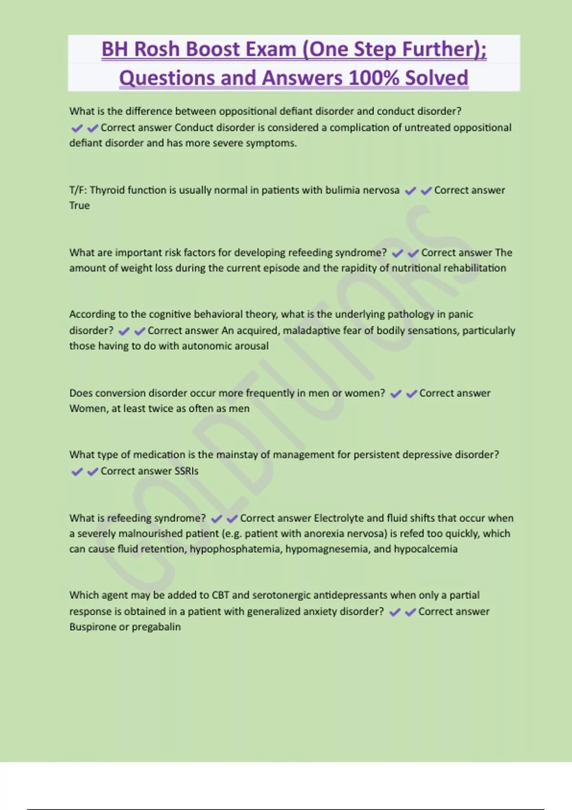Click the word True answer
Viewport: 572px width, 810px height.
click(79, 205)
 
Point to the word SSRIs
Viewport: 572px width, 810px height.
click(186, 471)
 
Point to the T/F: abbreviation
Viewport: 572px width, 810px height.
click(78, 190)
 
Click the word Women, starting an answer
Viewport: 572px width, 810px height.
click(89, 408)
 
